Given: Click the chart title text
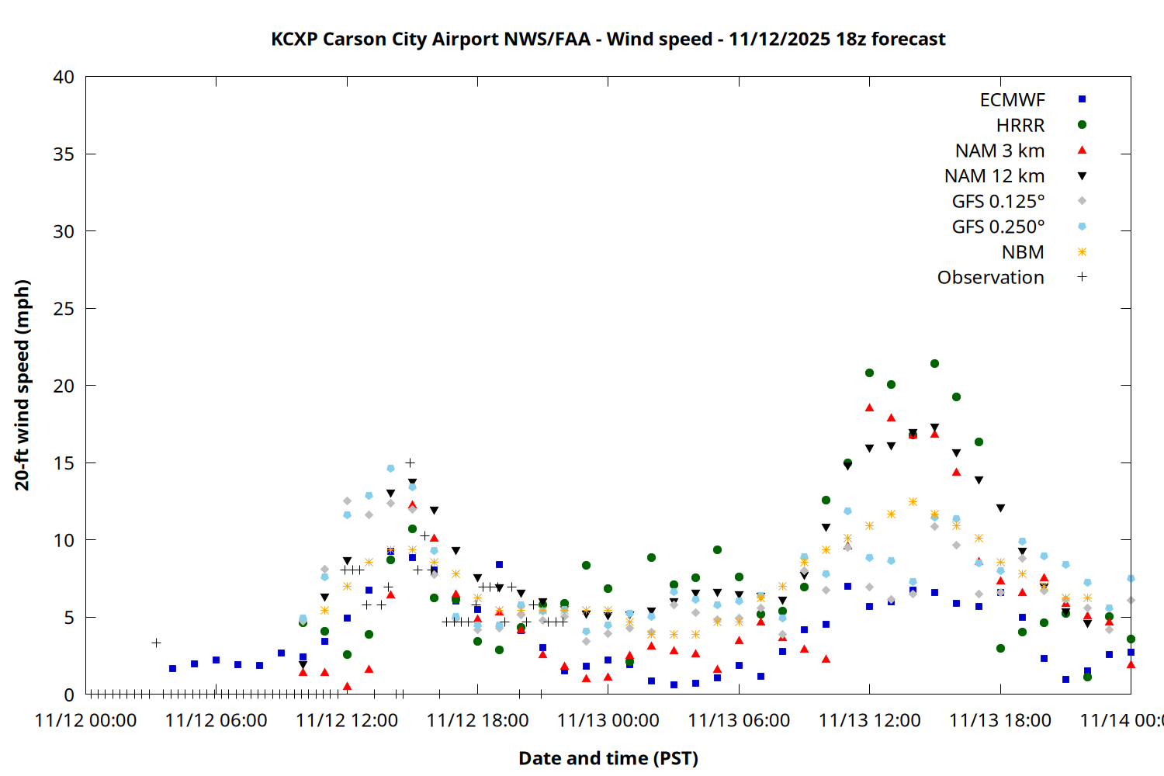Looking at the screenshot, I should (608, 39).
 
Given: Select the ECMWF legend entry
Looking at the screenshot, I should (1012, 100).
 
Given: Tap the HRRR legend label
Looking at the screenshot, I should (1020, 126).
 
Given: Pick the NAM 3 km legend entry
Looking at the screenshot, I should (999, 151).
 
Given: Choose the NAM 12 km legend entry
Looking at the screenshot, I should (994, 176).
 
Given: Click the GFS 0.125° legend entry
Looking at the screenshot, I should (998, 202).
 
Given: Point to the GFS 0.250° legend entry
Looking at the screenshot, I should (998, 227).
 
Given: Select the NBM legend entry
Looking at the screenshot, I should (1023, 252).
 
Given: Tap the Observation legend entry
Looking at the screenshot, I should (990, 278).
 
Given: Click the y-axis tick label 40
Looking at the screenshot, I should (64, 77).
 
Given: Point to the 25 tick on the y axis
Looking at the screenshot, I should (64, 309).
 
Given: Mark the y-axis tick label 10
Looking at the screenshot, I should (64, 540).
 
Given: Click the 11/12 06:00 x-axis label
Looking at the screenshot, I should (217, 720).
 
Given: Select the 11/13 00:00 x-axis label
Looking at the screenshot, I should (608, 720).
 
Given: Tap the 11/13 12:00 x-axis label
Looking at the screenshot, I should (870, 720).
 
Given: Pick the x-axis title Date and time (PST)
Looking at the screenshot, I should (608, 758).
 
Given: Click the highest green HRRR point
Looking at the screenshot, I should (934, 363).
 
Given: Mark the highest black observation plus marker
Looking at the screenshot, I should (410, 462).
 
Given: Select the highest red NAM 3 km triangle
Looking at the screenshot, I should (869, 407).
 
